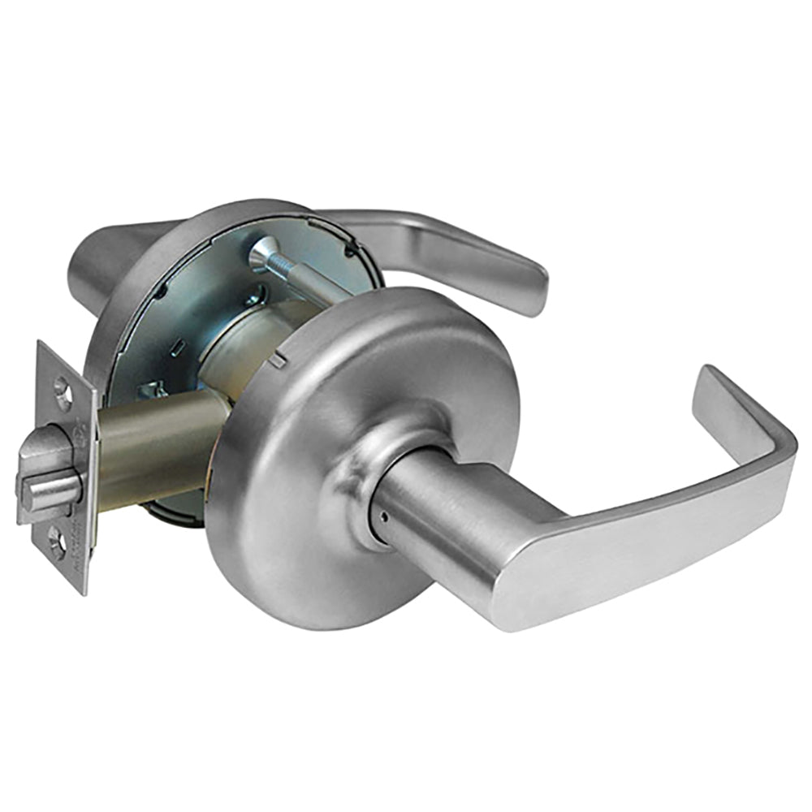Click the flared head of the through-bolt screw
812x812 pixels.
tap(264, 254)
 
